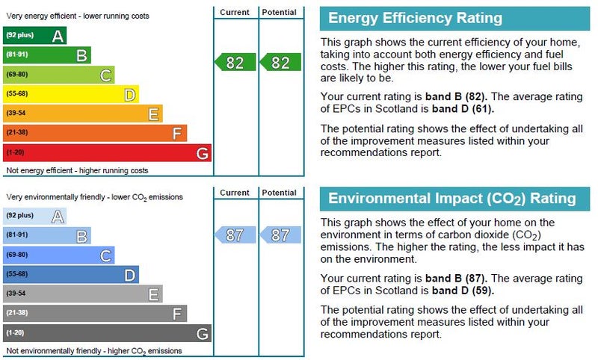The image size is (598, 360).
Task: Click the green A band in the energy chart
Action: tap(34, 35)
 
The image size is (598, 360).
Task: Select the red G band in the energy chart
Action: tap(107, 153)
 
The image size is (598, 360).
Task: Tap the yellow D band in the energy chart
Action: tap(70, 94)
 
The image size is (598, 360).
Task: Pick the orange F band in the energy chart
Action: tap(94, 134)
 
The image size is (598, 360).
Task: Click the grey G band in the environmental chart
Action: tap(107, 333)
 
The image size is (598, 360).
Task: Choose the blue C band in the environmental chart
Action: tap(58, 255)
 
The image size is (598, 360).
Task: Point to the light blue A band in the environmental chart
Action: tap(34, 216)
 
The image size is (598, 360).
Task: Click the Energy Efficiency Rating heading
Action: tap(416, 19)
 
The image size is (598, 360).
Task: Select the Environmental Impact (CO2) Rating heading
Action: tap(452, 199)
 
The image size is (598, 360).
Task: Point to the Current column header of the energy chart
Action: tap(235, 13)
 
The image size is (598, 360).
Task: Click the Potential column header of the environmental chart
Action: tap(280, 193)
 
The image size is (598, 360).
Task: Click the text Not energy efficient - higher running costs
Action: tap(77, 171)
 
